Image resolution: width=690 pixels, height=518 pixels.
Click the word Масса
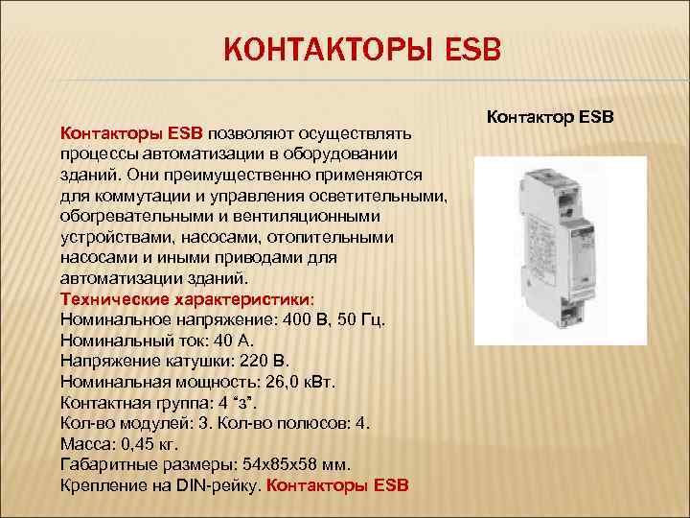[x=81, y=444]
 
